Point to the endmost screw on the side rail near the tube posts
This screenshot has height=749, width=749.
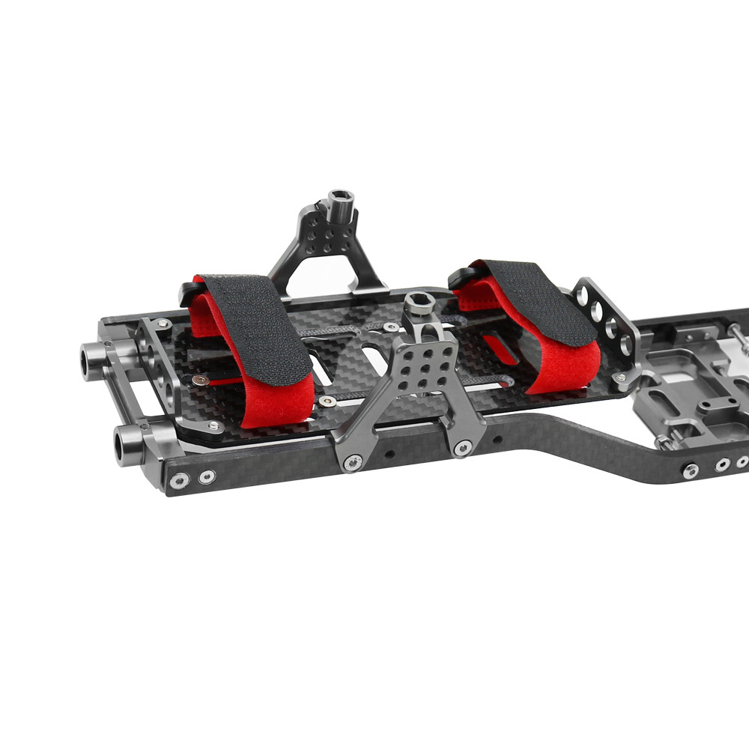point(178,481)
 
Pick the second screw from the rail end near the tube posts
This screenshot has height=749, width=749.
point(205,476)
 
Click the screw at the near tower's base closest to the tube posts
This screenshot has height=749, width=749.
point(351,464)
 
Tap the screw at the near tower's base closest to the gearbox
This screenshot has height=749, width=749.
point(462,448)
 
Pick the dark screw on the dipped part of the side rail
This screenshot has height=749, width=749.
point(691,470)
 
